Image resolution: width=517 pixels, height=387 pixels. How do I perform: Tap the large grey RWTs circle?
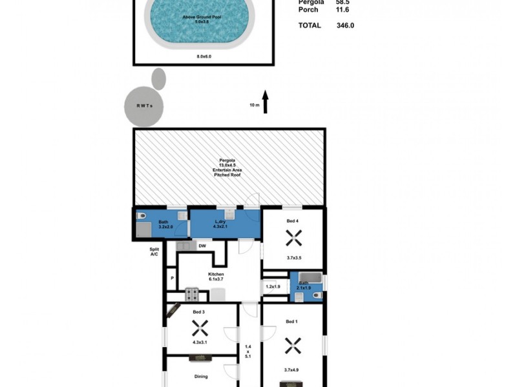[143, 106]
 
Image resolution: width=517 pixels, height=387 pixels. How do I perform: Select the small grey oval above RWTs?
[158, 79]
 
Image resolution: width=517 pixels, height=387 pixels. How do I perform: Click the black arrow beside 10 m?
[265, 102]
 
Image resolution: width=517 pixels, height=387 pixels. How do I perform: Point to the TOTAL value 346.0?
[344, 26]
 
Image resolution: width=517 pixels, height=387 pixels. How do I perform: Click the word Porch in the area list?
[308, 10]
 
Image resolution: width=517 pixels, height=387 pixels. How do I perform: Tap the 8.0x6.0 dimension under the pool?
[204, 57]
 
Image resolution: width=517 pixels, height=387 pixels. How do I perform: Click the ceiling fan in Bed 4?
[293, 239]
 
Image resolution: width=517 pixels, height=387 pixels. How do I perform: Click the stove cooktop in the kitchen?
[193, 295]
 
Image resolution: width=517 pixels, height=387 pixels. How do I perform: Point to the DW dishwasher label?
[202, 246]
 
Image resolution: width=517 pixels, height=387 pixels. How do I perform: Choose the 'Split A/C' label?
[154, 252]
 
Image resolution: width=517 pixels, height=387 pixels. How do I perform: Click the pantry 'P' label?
[172, 279]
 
